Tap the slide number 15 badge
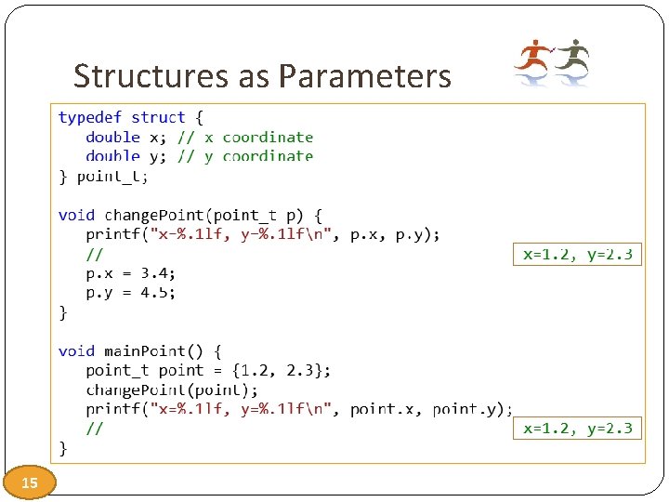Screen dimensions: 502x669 pyautogui.click(x=29, y=482)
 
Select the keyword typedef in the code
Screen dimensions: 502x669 pyautogui.click(x=90, y=117)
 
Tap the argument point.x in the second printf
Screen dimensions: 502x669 pyautogui.click(x=387, y=409)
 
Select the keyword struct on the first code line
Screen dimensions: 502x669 pyautogui.click(x=158, y=117)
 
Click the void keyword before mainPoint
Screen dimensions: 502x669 pyautogui.click(x=76, y=350)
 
